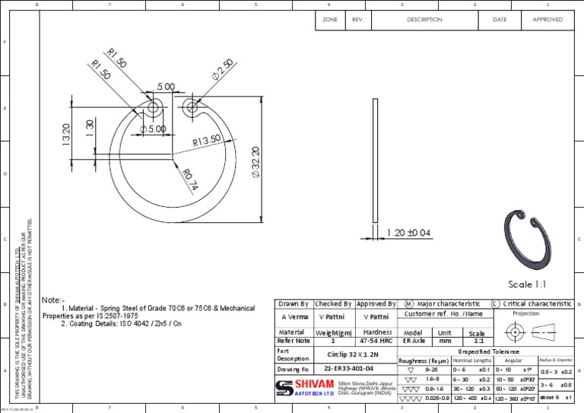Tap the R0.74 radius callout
pyautogui.click(x=190, y=177)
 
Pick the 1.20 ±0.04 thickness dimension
pyautogui.click(x=408, y=232)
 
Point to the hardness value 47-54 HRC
pyautogui.click(x=377, y=342)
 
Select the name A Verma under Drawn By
pyautogui.click(x=294, y=316)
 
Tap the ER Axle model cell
pyautogui.click(x=414, y=342)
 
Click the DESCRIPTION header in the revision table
pyautogui.click(x=424, y=19)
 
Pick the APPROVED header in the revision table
pyautogui.click(x=547, y=19)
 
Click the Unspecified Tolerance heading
pyautogui.click(x=487, y=351)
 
